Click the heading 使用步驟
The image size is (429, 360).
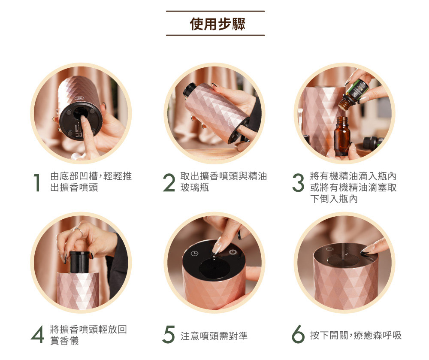pyautogui.click(x=218, y=24)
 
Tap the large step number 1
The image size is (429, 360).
pyautogui.click(x=37, y=182)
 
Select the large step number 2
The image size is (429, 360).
pyautogui.click(x=169, y=183)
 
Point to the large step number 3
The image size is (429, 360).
pyautogui.click(x=298, y=183)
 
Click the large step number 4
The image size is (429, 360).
pyautogui.click(x=37, y=334)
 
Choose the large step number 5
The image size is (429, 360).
pyautogui.click(x=168, y=334)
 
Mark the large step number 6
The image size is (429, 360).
pyautogui.click(x=298, y=334)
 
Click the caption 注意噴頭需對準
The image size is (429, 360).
pyautogui.click(x=214, y=336)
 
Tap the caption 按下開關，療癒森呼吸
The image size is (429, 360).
pyautogui.click(x=356, y=335)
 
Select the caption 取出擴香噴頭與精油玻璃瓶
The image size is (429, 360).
pyautogui.click(x=224, y=182)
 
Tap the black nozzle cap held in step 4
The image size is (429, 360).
pyautogui.click(x=80, y=262)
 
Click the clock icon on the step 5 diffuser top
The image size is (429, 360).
pyautogui.click(x=194, y=254)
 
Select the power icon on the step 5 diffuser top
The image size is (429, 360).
pyautogui.click(x=232, y=252)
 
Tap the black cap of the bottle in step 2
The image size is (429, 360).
pyautogui.click(x=189, y=89)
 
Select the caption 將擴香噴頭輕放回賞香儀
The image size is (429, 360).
pyautogui.click(x=88, y=335)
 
